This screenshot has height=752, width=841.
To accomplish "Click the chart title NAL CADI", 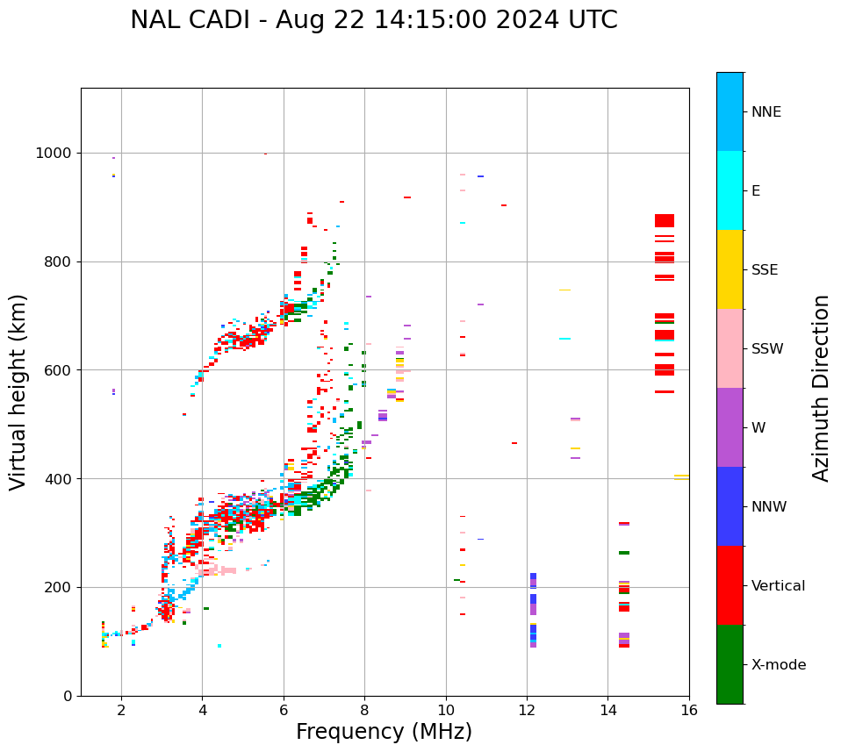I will click(373, 20).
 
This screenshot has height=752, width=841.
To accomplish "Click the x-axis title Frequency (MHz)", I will click(384, 732).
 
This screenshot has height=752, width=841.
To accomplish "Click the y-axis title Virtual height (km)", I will click(18, 392).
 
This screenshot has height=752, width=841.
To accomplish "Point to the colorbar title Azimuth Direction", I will click(821, 388).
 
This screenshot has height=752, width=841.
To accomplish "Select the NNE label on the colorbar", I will click(766, 112).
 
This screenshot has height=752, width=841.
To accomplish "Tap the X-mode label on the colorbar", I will click(778, 665).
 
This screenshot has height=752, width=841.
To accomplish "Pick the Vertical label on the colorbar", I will click(778, 586).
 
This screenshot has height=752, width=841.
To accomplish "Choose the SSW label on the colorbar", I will click(767, 349).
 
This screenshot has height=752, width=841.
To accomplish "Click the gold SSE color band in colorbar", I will click(730, 269).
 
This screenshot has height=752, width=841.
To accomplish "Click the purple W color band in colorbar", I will click(730, 427).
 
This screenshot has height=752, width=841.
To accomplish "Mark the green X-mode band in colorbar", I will click(730, 664).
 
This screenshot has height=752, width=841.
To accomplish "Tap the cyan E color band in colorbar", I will click(730, 190).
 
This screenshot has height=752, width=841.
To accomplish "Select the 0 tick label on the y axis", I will click(68, 696).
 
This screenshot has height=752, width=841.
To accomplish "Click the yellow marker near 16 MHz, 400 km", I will click(681, 477).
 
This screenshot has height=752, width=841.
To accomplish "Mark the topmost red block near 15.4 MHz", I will click(665, 220).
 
